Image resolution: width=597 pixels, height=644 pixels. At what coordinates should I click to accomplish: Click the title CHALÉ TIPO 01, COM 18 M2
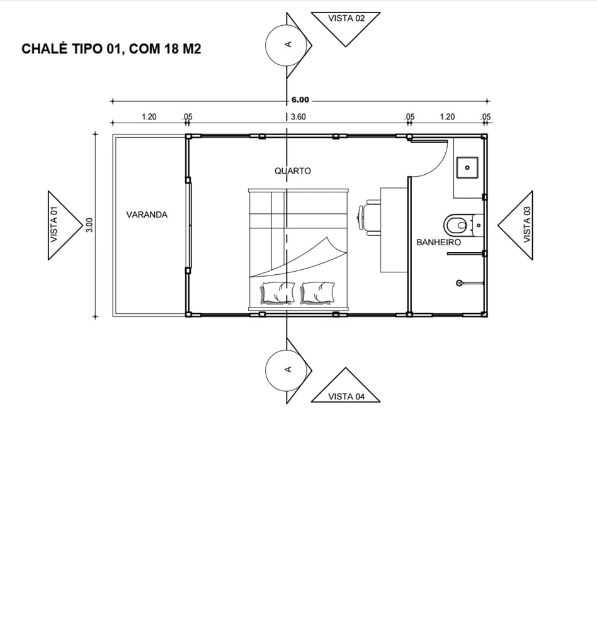point(111,48)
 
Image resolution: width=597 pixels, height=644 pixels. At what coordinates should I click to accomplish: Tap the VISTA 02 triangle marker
point(345,25)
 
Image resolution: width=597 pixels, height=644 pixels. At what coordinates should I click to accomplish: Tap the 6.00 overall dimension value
point(300,100)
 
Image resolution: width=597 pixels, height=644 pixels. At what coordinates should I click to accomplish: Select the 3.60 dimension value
point(298,116)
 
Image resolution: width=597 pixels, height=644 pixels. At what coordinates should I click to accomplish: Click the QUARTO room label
point(293,171)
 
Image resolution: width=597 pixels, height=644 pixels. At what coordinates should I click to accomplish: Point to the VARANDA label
point(147,214)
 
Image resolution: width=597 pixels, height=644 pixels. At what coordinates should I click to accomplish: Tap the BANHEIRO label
point(439,242)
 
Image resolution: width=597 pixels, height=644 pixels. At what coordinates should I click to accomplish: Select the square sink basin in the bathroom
point(467,167)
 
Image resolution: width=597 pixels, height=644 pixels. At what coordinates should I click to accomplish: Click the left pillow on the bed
point(277,292)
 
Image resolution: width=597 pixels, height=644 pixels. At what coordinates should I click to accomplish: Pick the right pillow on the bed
point(317,292)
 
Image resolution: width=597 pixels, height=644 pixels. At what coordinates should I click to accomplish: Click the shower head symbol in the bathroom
point(459,283)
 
